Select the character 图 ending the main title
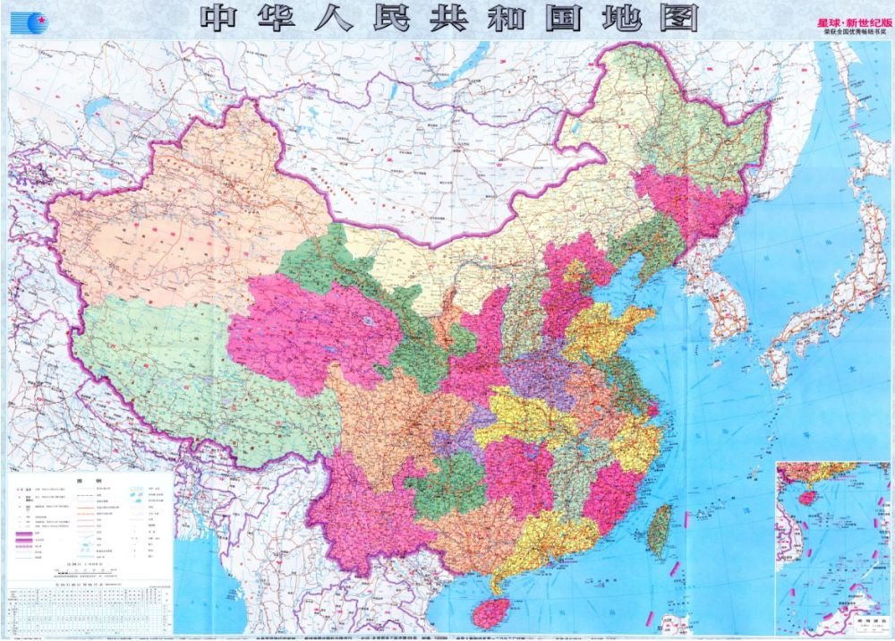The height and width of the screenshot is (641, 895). (680, 18)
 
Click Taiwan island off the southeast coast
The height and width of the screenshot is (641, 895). (660, 530)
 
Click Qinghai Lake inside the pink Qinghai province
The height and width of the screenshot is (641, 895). (366, 320)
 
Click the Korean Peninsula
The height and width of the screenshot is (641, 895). (725, 304)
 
